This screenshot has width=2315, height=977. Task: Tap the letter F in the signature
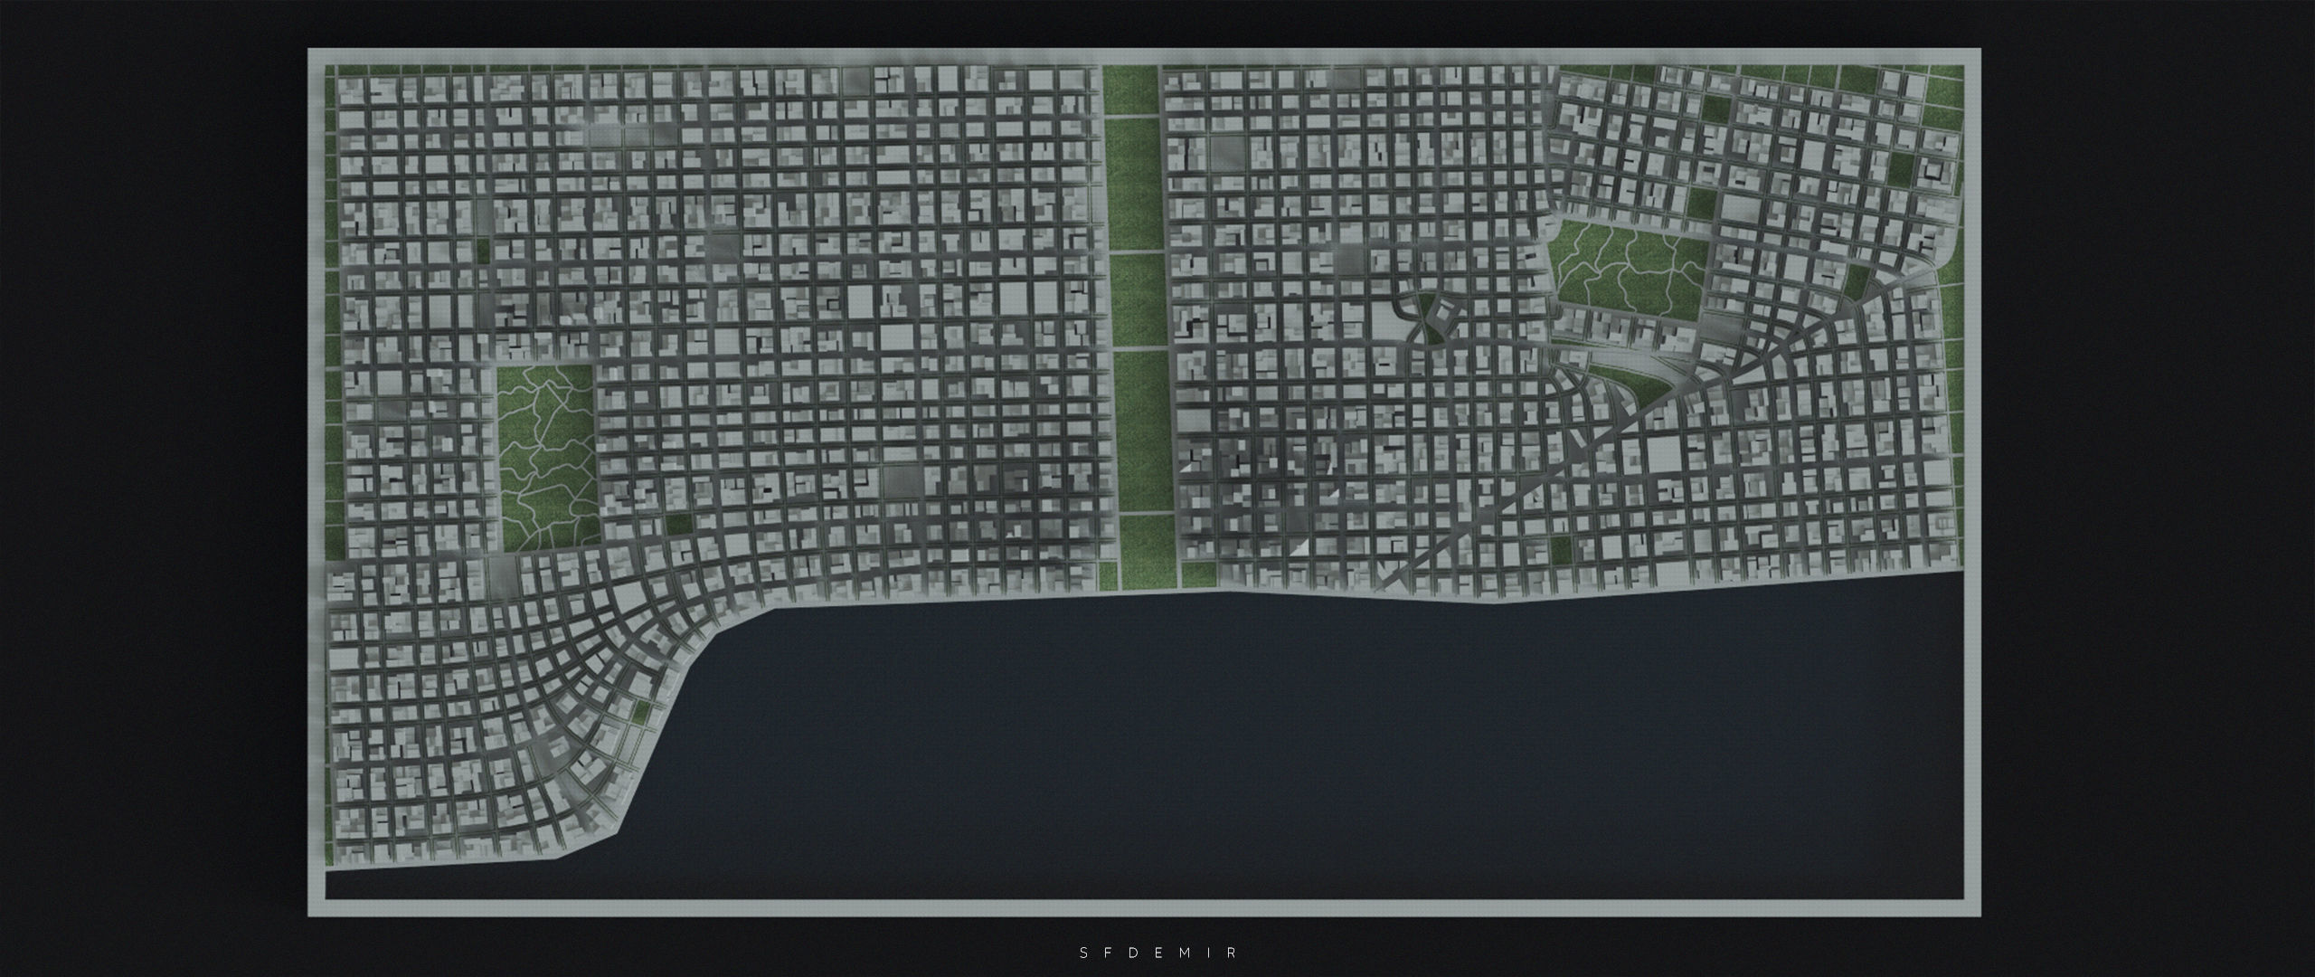(x=1109, y=953)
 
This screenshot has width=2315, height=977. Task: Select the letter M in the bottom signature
(x=1184, y=953)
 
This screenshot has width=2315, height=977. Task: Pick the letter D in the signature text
(x=1133, y=953)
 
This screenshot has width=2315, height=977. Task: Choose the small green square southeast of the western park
(x=678, y=524)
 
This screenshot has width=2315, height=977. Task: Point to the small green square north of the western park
(x=483, y=251)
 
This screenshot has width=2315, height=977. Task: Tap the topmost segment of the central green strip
(x=1130, y=90)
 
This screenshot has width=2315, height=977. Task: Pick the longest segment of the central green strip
(x=1144, y=430)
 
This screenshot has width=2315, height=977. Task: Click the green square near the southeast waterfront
(x=1562, y=548)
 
